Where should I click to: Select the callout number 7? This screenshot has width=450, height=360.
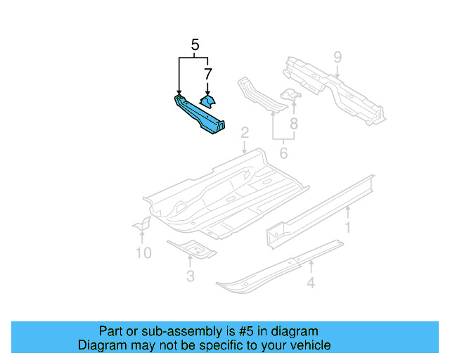pyautogui.click(x=208, y=73)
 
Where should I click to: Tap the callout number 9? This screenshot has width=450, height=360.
pyautogui.click(x=337, y=56)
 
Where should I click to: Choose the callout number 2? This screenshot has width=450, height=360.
pyautogui.click(x=244, y=133)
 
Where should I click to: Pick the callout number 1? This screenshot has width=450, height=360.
pyautogui.click(x=347, y=226)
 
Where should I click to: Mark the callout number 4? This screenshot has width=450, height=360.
pyautogui.click(x=310, y=283)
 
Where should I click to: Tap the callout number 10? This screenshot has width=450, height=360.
pyautogui.click(x=143, y=252)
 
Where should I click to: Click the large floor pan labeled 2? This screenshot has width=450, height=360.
pyautogui.click(x=225, y=193)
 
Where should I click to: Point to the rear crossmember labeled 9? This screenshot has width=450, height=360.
pyautogui.click(x=330, y=88)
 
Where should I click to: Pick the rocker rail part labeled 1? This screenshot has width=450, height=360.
pyautogui.click(x=320, y=207)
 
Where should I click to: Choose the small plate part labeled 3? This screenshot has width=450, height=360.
pyautogui.click(x=191, y=248)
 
